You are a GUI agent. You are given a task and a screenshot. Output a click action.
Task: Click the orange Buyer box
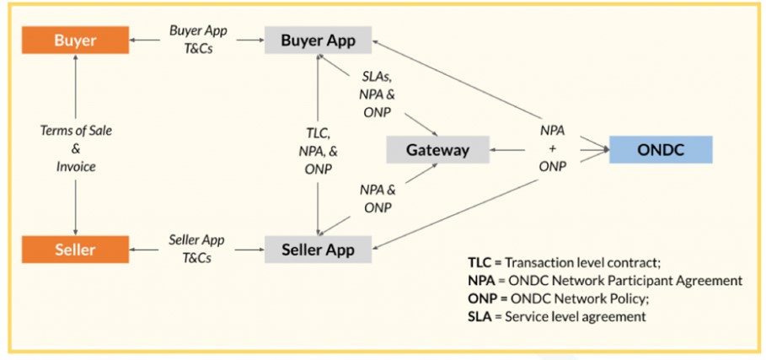coord(75,40)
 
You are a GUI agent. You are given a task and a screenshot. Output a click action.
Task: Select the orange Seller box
coord(75,249)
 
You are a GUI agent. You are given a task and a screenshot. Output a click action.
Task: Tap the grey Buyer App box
coord(318,40)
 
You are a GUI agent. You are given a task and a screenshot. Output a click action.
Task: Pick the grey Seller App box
coord(318,249)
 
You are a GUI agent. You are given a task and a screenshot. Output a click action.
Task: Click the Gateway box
coord(438,150)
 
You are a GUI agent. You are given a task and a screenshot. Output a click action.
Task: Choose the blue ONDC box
coord(661,150)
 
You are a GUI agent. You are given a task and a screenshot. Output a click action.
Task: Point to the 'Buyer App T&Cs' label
coord(196,39)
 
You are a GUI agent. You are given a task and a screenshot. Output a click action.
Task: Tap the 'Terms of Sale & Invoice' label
coord(76,148)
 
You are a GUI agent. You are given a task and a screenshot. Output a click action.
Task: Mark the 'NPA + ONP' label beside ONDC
coord(552,148)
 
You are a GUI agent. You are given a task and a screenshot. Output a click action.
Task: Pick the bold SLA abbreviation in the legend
coord(480,316)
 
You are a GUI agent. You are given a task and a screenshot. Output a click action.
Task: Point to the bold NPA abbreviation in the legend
coord(481,280)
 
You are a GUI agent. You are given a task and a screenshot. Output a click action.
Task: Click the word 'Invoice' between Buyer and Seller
coord(76,166)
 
